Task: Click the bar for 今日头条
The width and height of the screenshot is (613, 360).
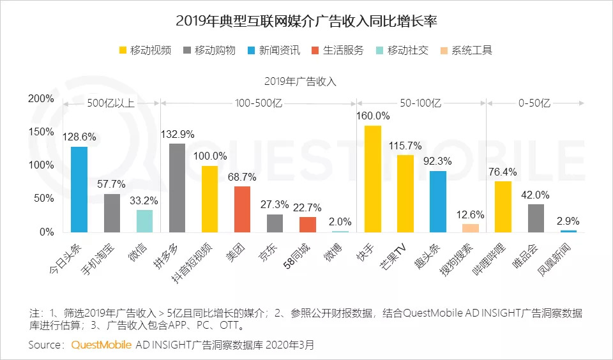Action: pyautogui.click(x=79, y=190)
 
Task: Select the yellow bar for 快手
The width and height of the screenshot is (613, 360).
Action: pyautogui.click(x=372, y=179)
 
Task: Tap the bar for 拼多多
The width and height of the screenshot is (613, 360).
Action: pyautogui.click(x=177, y=188)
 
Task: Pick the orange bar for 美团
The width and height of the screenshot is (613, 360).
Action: pyautogui.click(x=243, y=209)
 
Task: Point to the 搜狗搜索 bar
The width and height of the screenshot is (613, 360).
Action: pyautogui.click(x=470, y=228)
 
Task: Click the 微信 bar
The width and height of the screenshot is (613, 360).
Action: pyautogui.click(x=144, y=221)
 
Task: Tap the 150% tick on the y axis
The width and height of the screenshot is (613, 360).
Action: pyautogui.click(x=41, y=131)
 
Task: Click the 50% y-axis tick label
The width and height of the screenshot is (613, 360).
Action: pyautogui.click(x=43, y=199)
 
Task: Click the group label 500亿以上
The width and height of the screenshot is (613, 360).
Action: pyautogui.click(x=111, y=103)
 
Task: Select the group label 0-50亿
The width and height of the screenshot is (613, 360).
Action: pyautogui.click(x=534, y=103)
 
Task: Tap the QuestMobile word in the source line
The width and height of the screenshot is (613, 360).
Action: pyautogui.click(x=102, y=345)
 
